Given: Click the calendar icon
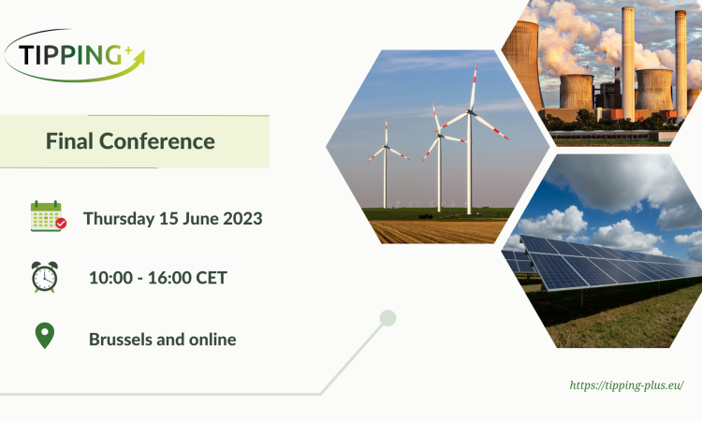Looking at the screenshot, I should tap(46, 216).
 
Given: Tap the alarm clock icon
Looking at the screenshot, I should tap(44, 277).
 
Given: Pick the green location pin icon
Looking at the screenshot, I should tap(44, 336).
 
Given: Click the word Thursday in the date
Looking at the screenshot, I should tap(117, 219).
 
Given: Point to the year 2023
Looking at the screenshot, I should tap(242, 219).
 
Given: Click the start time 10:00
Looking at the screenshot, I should tap(109, 278).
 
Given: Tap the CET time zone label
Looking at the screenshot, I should tap(209, 278).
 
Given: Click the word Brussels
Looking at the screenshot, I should tap(122, 339).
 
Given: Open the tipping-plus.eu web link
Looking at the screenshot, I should tap(626, 385).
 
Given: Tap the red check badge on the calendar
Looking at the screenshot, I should tap(61, 224).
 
